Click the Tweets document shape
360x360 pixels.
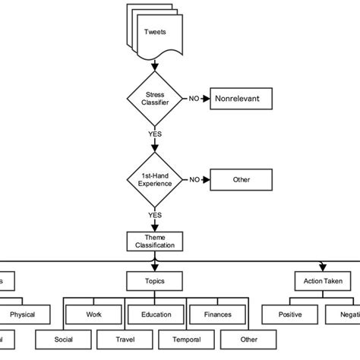click(155, 33)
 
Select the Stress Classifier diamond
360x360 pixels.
click(155, 99)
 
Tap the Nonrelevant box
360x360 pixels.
click(240, 99)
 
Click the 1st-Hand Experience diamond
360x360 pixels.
click(155, 179)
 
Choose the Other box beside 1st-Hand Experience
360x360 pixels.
click(240, 179)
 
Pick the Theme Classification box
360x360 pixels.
click(155, 241)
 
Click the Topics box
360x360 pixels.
click(155, 281)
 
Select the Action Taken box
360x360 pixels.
click(323, 281)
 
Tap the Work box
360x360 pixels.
click(93, 313)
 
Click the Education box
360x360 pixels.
click(155, 313)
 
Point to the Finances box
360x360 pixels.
click(216, 313)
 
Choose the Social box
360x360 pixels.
click(63, 339)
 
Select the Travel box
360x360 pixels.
click(125, 339)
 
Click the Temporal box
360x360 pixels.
click(186, 339)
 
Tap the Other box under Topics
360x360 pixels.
click(248, 339)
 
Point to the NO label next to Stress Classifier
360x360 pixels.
click(194, 99)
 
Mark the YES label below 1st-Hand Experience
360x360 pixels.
click(155, 214)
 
